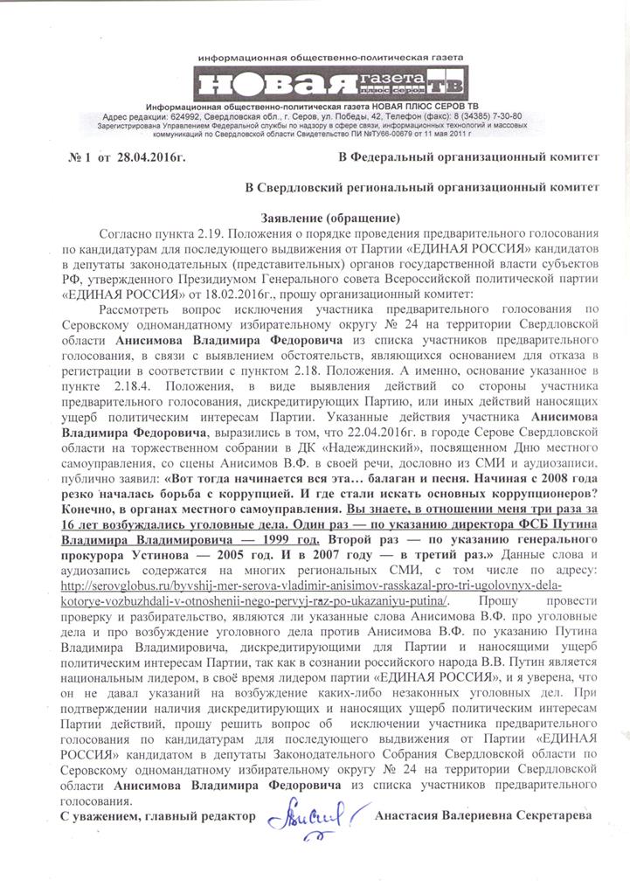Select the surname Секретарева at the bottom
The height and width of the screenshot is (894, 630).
[547, 815]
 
